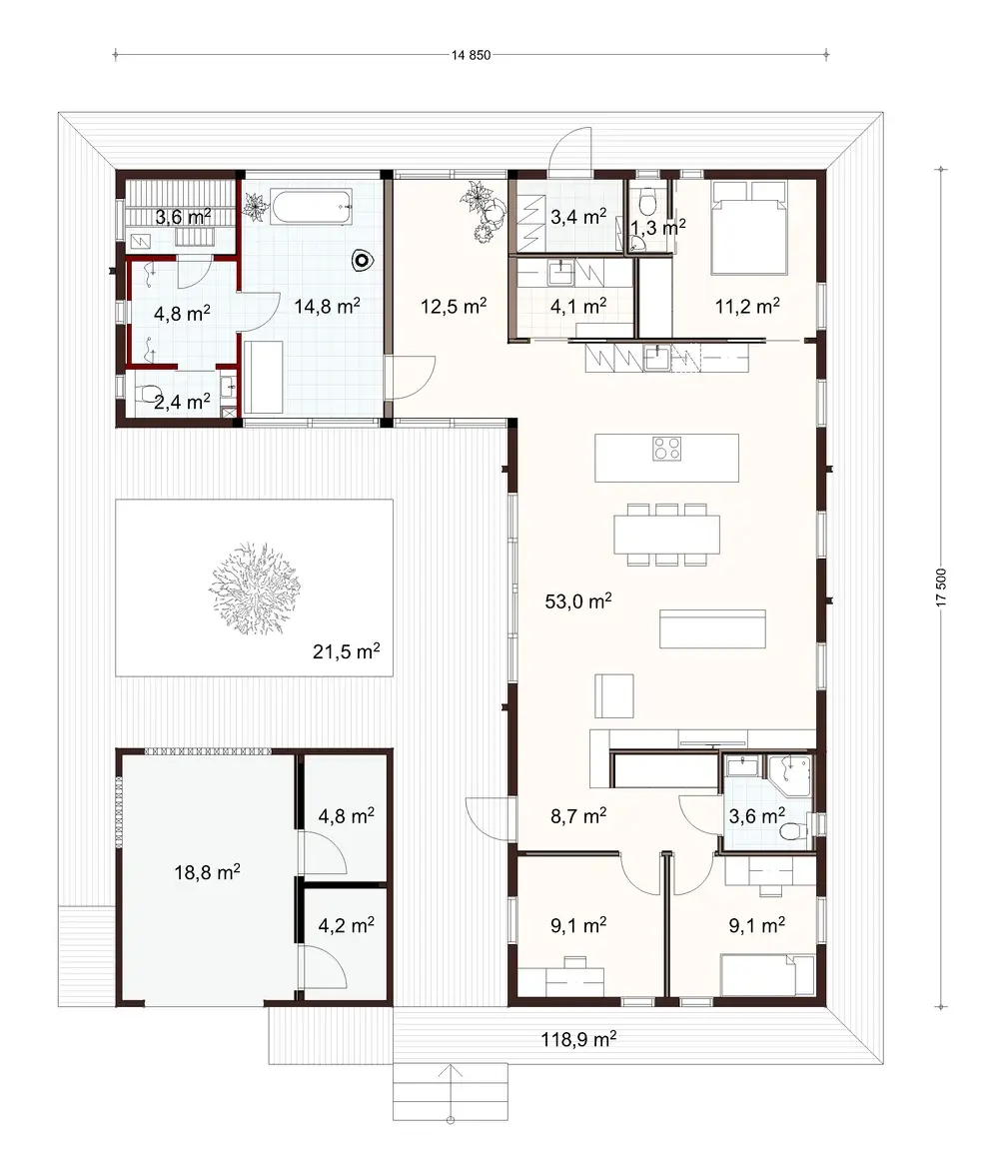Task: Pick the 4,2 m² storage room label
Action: pos(346,925)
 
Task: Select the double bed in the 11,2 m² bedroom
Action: pos(747,227)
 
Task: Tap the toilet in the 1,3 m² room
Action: pos(647,202)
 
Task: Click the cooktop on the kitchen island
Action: pos(666,450)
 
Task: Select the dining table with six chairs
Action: pos(666,536)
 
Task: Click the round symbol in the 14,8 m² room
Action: pos(361,262)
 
